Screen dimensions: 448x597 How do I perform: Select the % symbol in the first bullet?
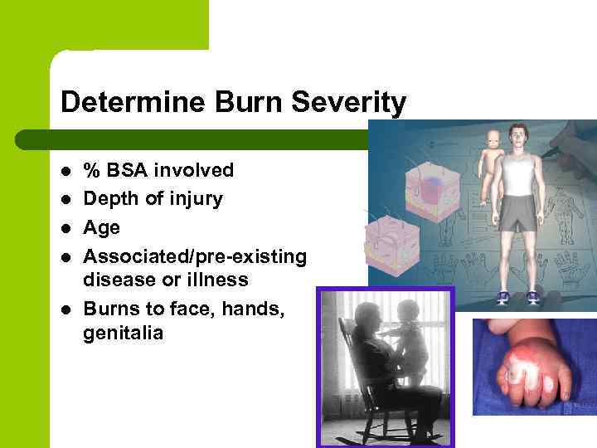tap(90, 170)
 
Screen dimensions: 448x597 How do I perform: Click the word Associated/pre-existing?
tap(195, 256)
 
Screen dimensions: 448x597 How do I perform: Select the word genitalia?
tap(124, 334)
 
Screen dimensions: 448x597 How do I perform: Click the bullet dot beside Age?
tap(66, 228)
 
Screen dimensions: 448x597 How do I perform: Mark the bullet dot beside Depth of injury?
tap(66, 200)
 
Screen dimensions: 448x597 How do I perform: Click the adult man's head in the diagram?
tap(520, 137)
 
